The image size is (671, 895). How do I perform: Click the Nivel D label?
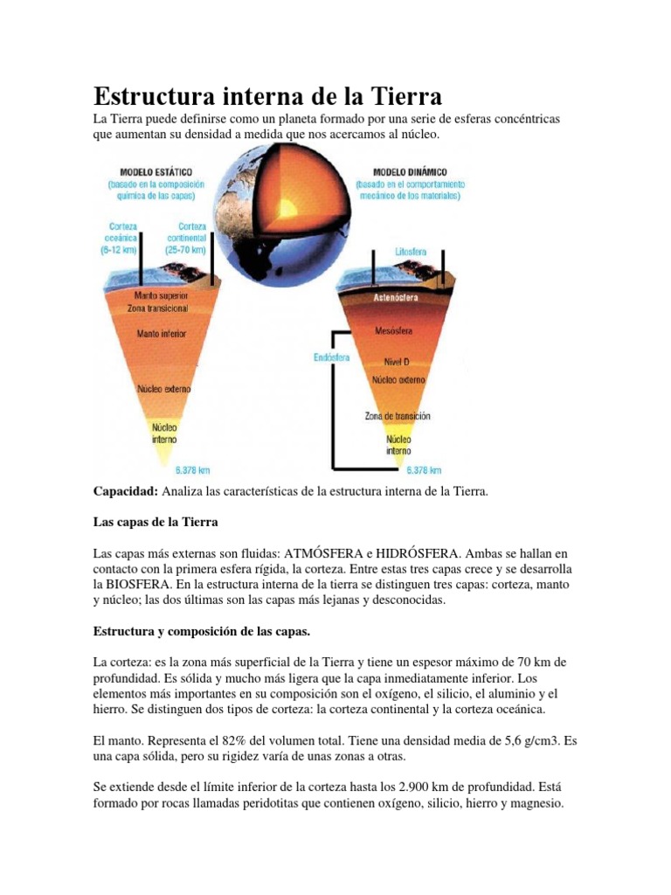point(397,361)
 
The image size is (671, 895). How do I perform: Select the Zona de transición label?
point(398,416)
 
